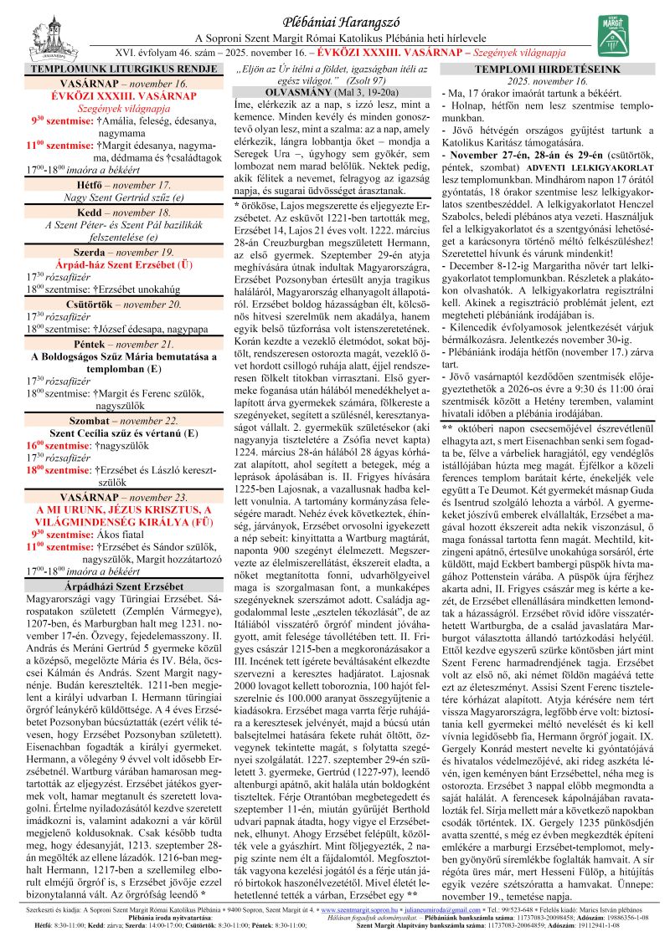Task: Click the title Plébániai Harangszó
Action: coord(334,22)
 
